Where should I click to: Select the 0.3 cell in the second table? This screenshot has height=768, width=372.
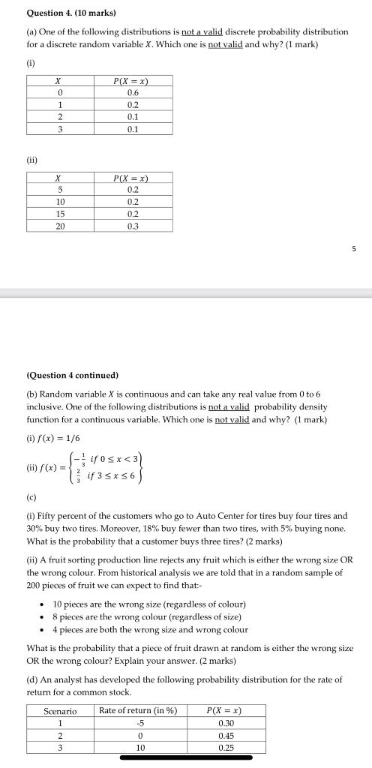(133, 226)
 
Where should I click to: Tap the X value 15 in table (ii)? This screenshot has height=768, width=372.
(60, 214)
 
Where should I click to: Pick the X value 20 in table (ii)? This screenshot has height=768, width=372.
(60, 226)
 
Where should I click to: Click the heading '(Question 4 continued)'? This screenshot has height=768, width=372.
(73, 375)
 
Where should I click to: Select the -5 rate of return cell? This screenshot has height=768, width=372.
(139, 723)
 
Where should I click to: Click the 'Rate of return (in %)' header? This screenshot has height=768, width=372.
(138, 711)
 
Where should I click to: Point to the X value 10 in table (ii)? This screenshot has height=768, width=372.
(60, 202)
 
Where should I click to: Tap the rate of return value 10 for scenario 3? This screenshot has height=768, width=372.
(139, 747)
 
